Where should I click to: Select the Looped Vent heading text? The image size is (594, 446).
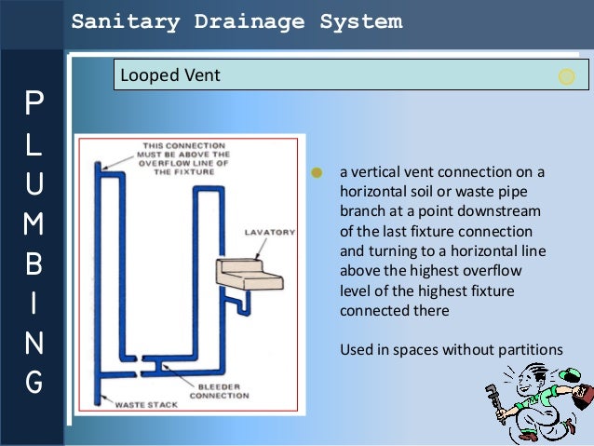170,75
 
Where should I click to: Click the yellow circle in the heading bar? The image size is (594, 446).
566,77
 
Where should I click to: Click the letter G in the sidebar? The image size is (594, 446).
34,383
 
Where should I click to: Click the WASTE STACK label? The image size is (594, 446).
140,405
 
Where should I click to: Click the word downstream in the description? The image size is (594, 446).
500,211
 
